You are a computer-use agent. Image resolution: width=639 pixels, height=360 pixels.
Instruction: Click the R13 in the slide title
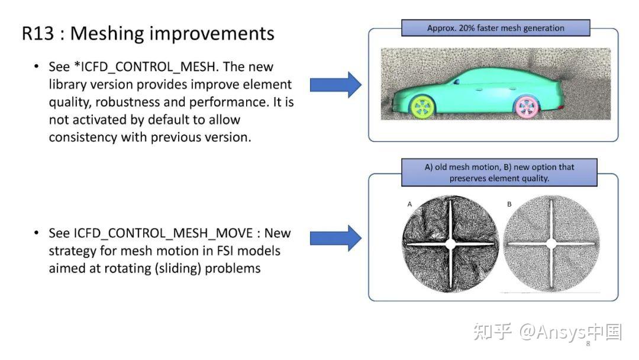pyautogui.click(x=37, y=33)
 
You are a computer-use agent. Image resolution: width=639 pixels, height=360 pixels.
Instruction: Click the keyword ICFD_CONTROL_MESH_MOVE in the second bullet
pyautogui.click(x=163, y=233)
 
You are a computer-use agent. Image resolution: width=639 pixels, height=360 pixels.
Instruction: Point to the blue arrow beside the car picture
pyautogui.click(x=335, y=85)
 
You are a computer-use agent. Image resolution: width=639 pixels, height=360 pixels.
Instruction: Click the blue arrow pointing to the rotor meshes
pyautogui.click(x=335, y=238)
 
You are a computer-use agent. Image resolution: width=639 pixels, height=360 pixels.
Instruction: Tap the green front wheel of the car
pyautogui.click(x=422, y=107)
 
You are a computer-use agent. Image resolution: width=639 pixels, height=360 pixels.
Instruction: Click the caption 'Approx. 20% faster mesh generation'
pyautogui.click(x=496, y=28)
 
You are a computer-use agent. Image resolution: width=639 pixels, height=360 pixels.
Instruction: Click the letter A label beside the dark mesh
pyautogui.click(x=409, y=204)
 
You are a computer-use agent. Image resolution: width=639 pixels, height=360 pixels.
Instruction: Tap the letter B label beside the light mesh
pyautogui.click(x=509, y=204)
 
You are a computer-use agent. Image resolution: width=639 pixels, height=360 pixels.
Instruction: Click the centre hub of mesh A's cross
pyautogui.click(x=450, y=244)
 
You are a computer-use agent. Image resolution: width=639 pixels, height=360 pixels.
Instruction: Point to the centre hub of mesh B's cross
pyautogui.click(x=551, y=244)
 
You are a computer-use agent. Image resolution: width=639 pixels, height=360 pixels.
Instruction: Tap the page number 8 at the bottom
pyautogui.click(x=588, y=343)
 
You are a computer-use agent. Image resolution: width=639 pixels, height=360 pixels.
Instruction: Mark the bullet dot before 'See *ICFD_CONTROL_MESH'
pyautogui.click(x=37, y=67)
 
